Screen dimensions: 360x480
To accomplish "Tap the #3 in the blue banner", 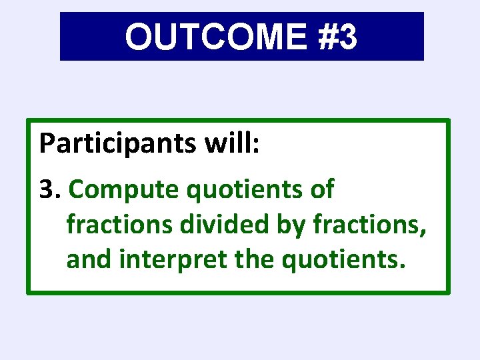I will pos(338,37).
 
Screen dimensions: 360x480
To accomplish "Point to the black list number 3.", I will pos(46,190).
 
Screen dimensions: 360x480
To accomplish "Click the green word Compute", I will pos(125,191).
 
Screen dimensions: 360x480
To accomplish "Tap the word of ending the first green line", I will pos(321,190).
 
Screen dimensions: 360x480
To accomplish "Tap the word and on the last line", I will pos(89,259).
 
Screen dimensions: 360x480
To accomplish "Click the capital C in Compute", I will pos(77,190).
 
